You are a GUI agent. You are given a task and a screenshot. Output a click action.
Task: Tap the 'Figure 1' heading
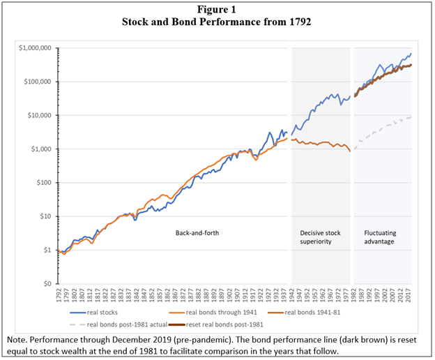pyautogui.click(x=217, y=8)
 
